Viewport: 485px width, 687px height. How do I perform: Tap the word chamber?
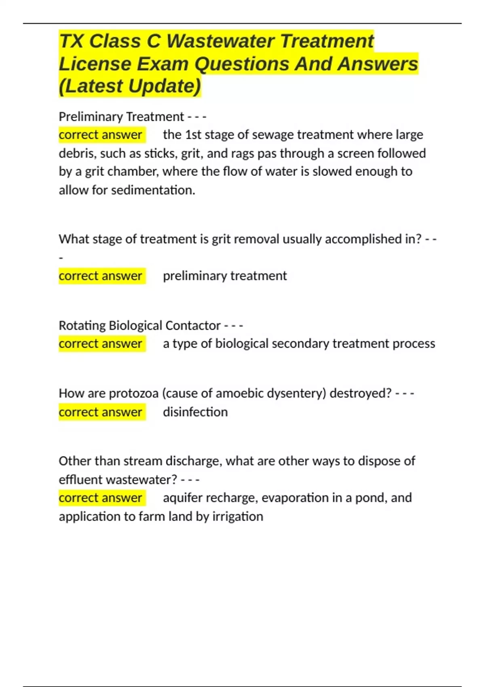coord(134,172)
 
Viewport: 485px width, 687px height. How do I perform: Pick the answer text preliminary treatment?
coord(225,276)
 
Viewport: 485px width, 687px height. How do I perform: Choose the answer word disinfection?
coord(195,412)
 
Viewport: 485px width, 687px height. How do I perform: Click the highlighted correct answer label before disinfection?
coord(101,412)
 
